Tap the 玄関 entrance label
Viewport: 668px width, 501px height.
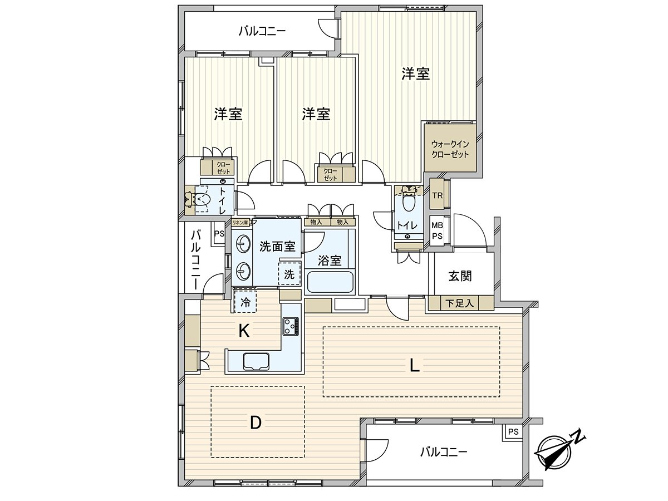[x=460, y=276]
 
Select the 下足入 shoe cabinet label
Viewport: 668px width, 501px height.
[x=460, y=303]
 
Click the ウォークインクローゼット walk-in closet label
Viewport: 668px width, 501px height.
[x=450, y=149]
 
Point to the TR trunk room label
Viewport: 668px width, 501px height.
[x=438, y=195]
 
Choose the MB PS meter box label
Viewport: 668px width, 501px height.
[x=437, y=231]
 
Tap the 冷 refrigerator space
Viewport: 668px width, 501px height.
[x=245, y=302]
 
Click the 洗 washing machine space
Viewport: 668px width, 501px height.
[x=289, y=274]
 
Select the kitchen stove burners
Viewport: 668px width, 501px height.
[x=291, y=326]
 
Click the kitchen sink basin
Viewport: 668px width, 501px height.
[x=256, y=361]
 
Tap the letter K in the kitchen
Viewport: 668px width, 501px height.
[x=244, y=331]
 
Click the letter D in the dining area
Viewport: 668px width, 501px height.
[x=256, y=423]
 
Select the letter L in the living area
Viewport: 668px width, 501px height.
[x=415, y=365]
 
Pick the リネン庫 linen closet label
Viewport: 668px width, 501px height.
[x=240, y=222]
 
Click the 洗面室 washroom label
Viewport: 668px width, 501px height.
[x=277, y=247]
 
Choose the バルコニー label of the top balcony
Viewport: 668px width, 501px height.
[x=262, y=31]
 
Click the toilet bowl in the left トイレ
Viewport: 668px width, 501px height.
[x=202, y=199]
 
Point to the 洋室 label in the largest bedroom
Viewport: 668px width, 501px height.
[x=415, y=74]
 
